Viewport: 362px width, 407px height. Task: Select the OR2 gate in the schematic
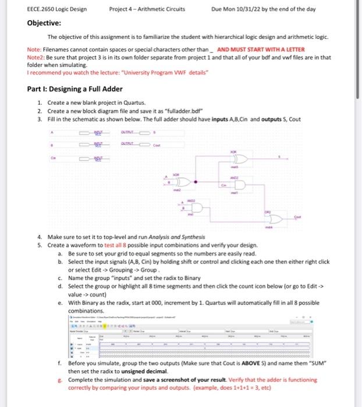[x=273, y=217]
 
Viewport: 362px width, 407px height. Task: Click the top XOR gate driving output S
[x=239, y=159]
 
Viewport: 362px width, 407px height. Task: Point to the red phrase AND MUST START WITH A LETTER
[x=261, y=50]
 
